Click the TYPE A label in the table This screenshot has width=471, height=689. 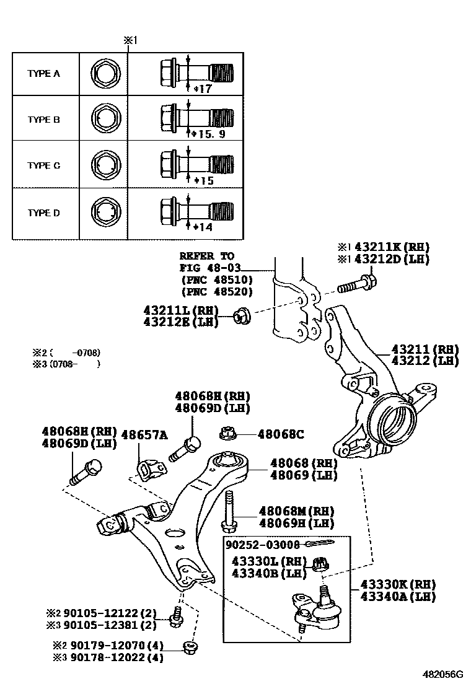pyautogui.click(x=43, y=73)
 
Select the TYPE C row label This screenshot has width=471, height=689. pyautogui.click(x=43, y=166)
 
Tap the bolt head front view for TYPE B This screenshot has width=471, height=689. pyautogui.click(x=103, y=119)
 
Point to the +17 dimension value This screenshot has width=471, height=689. pyautogui.click(x=202, y=89)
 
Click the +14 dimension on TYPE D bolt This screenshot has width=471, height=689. pyautogui.click(x=202, y=227)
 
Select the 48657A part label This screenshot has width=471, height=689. pyautogui.click(x=144, y=435)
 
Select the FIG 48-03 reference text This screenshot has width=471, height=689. pyautogui.click(x=208, y=267)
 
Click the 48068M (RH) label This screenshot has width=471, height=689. pyautogui.click(x=296, y=511)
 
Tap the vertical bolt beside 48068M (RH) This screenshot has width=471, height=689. pyautogui.click(x=229, y=511)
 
